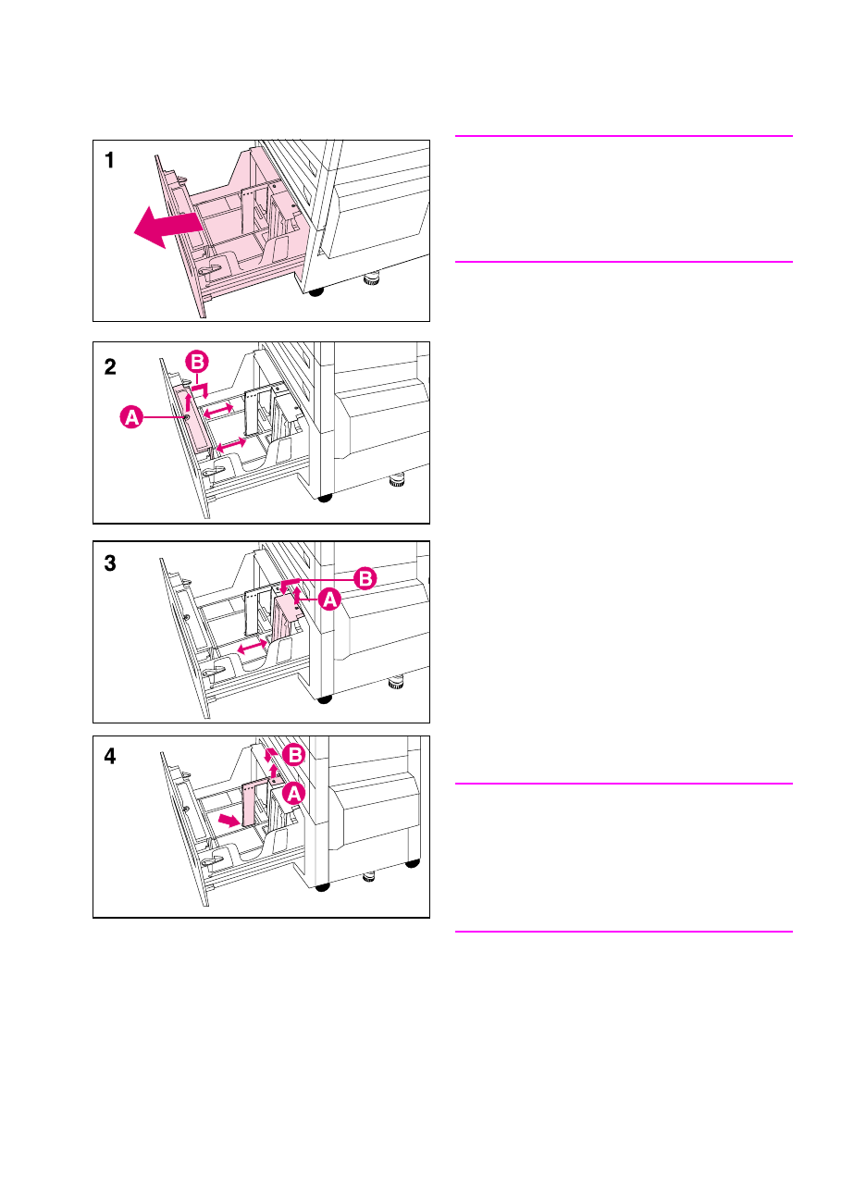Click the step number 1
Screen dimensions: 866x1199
click(x=110, y=160)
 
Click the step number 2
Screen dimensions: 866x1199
click(x=110, y=367)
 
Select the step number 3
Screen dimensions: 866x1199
click(x=110, y=563)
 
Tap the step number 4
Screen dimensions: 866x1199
click(x=110, y=757)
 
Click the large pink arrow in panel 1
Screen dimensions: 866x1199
click(x=167, y=227)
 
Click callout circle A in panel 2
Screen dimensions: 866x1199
click(x=131, y=417)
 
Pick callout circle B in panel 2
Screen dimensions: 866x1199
click(x=197, y=363)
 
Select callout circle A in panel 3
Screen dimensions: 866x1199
click(x=329, y=599)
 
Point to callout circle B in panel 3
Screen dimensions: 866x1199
click(x=365, y=578)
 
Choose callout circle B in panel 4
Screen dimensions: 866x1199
click(x=294, y=755)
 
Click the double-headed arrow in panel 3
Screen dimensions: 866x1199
click(x=252, y=647)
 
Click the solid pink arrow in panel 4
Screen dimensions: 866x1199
click(x=229, y=820)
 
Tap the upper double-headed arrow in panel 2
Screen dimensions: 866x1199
click(x=217, y=411)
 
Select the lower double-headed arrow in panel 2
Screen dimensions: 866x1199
click(x=230, y=444)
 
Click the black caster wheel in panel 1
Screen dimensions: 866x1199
click(x=316, y=292)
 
